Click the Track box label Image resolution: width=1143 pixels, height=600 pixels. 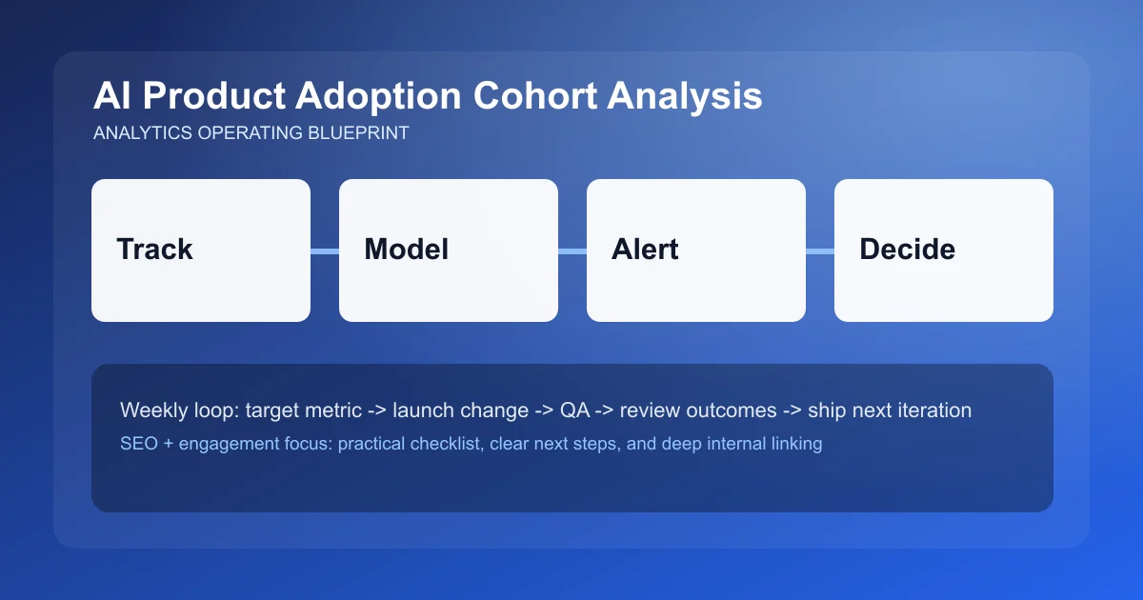154,250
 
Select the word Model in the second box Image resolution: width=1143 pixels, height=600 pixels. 406,250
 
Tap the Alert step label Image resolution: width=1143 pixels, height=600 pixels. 645,250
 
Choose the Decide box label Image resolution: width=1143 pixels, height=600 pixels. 907,250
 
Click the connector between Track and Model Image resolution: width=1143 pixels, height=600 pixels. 325,250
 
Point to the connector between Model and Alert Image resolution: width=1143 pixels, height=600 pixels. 572,250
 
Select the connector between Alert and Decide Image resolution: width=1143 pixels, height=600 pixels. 820,250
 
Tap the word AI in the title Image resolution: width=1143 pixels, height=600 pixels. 110,97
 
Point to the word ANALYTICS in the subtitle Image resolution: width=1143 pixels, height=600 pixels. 142,133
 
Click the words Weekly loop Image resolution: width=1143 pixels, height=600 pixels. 178,410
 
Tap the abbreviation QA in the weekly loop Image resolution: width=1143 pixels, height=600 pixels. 572,410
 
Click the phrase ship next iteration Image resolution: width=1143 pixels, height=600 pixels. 890,410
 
